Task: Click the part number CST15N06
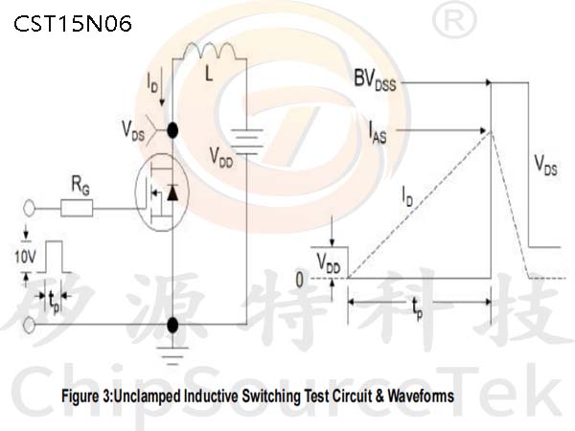[73, 24]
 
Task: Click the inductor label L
[209, 75]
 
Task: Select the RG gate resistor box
[77, 208]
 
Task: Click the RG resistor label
[80, 185]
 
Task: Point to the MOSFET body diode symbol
[172, 193]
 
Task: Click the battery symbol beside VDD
[247, 142]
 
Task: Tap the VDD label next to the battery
[221, 158]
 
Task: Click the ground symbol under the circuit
[172, 355]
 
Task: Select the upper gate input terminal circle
[29, 209]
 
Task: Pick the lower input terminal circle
[29, 325]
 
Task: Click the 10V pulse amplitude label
[25, 257]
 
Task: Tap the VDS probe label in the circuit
[133, 131]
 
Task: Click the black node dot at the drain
[172, 130]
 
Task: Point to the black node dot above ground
[172, 325]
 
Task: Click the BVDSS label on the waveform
[375, 80]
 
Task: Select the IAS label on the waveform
[378, 133]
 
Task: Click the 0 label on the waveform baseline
[300, 281]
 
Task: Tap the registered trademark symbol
[454, 20]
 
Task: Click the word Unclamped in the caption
[148, 397]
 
